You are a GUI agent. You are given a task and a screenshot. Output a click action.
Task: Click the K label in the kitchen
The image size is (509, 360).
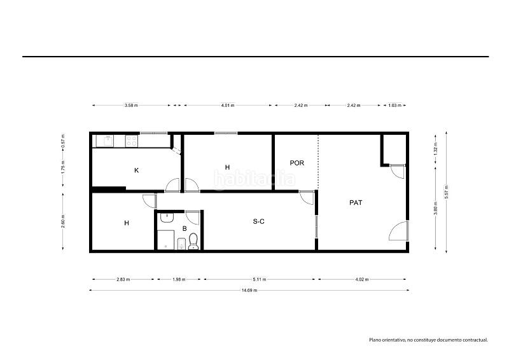136,170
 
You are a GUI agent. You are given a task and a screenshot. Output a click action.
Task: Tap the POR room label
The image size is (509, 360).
296,163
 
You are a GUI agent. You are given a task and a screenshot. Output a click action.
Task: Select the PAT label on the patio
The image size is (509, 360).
356,203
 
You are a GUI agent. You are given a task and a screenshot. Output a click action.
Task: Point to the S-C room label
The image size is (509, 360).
259,222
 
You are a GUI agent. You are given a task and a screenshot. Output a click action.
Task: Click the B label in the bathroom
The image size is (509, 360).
185,228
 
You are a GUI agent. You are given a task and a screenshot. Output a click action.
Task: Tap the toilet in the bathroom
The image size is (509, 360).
193,241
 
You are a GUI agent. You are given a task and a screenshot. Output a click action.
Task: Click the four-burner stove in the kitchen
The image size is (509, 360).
132,141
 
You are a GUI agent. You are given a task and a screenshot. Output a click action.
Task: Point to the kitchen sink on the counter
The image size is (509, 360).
104,141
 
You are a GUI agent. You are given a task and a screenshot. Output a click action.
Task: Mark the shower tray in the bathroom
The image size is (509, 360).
165,240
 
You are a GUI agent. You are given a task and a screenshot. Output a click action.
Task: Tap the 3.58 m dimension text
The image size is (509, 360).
131,105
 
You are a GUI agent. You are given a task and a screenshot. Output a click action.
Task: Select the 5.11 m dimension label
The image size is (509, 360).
260,279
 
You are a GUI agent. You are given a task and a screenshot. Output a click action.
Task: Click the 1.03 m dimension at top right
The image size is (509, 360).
394,105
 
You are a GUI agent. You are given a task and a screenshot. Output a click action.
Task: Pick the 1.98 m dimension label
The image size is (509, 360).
178,279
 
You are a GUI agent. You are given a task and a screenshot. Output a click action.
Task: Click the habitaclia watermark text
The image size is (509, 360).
254,180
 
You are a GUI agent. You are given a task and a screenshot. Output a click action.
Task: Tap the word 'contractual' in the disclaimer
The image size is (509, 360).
473,340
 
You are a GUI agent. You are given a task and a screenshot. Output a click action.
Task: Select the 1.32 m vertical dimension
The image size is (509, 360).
435,149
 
